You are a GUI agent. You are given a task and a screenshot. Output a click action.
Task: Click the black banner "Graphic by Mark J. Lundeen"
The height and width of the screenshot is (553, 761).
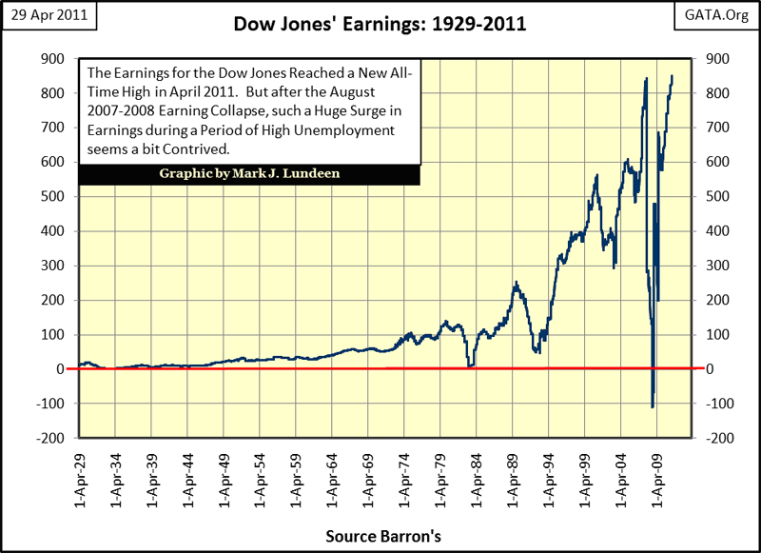[249, 175]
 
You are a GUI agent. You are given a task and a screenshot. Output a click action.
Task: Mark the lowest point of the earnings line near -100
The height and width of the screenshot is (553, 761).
[653, 407]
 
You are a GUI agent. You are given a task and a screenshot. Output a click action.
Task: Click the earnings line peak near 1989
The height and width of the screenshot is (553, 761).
[516, 283]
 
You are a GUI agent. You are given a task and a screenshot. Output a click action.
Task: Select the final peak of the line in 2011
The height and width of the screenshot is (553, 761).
[673, 76]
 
